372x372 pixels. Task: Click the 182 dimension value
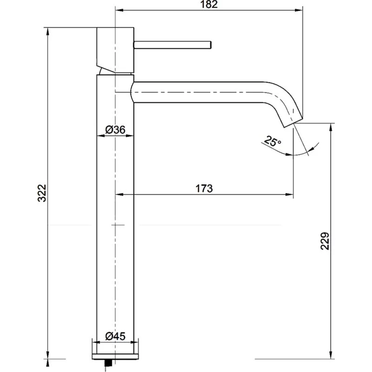207,5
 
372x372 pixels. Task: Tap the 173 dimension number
204,188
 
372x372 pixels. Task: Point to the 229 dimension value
325,241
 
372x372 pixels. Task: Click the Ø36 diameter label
115,130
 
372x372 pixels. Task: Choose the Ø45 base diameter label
115,336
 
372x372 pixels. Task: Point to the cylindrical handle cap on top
115,49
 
